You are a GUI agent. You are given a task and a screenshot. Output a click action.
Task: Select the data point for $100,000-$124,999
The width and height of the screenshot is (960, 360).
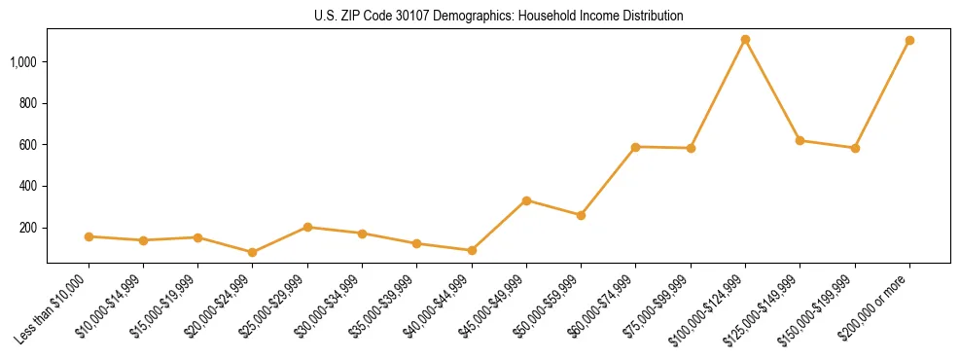[x=745, y=40]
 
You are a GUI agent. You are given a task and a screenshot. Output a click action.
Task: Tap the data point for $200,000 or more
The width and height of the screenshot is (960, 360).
[x=909, y=41]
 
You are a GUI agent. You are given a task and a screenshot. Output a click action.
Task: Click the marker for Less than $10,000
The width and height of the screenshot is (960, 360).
[x=89, y=236]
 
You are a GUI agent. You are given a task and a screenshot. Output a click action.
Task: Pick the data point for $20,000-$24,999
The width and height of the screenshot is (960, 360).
[x=253, y=252]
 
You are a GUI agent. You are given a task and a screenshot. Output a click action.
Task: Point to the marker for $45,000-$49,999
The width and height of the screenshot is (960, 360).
[x=526, y=200]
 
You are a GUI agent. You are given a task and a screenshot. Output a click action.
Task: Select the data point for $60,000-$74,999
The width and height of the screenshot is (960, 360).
[x=635, y=147]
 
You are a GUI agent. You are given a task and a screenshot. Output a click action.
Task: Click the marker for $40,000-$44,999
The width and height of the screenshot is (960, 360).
[x=472, y=250]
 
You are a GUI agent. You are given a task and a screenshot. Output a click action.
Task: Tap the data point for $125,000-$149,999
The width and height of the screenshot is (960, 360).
[x=800, y=140]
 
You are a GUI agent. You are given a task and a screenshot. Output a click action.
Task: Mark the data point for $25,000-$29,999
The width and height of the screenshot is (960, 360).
[x=307, y=227]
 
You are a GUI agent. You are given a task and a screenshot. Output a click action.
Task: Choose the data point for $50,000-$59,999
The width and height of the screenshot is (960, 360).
[x=581, y=215]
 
